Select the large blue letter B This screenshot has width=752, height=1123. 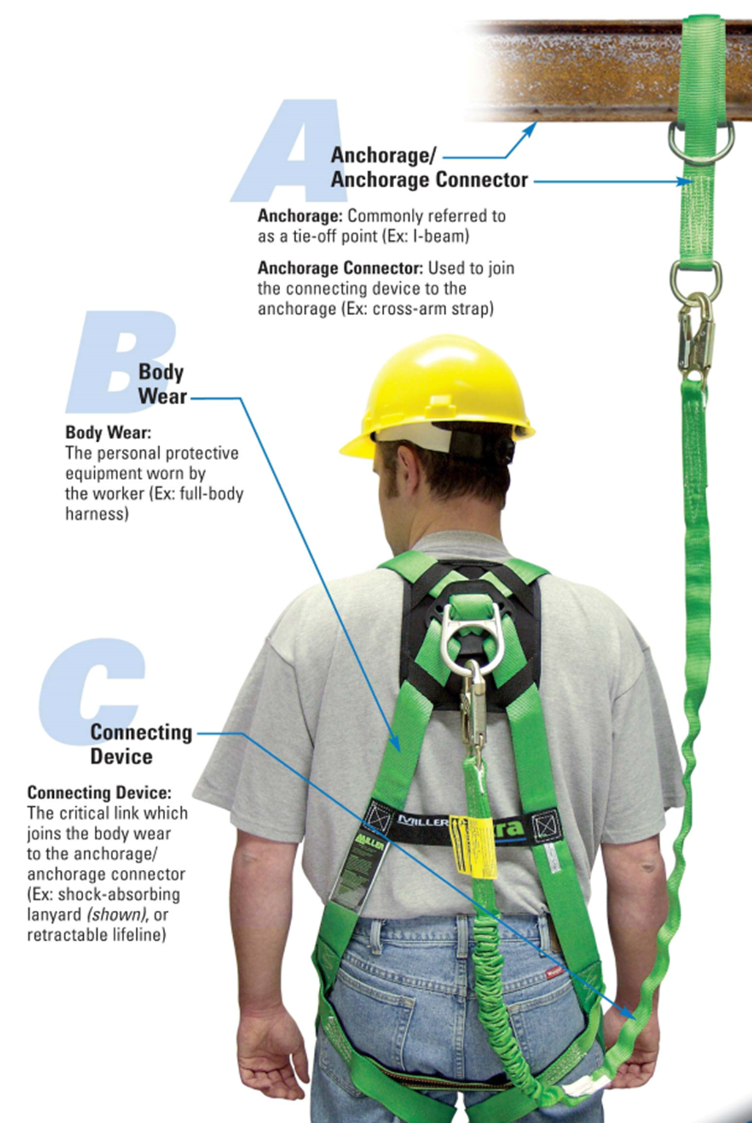(116, 361)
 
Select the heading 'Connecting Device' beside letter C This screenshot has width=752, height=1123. (141, 744)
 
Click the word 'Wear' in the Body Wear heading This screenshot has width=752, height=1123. (162, 396)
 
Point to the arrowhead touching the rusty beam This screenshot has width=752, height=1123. (533, 126)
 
